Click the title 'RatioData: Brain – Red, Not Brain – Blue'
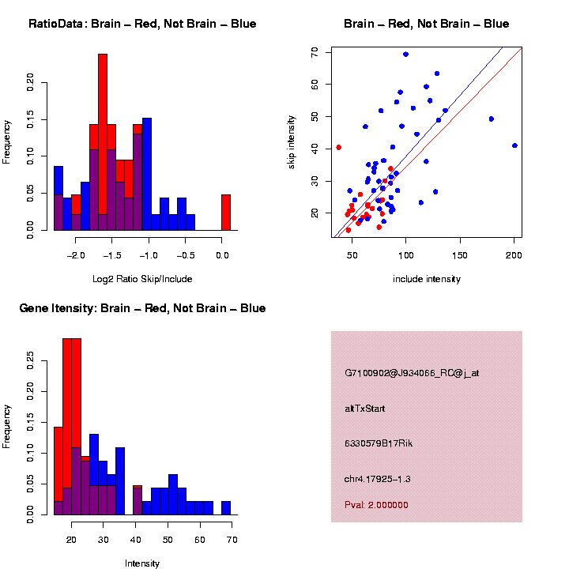point(142,24)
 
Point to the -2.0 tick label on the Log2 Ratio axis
point(76,256)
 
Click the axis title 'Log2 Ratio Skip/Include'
point(142,279)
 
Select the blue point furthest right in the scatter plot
point(514,145)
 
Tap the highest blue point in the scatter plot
point(405,55)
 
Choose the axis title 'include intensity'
point(427,279)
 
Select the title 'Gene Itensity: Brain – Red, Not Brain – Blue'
point(142,308)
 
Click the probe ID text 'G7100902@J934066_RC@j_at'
point(412,373)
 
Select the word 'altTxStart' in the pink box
point(364,409)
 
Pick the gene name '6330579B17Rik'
point(379,443)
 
